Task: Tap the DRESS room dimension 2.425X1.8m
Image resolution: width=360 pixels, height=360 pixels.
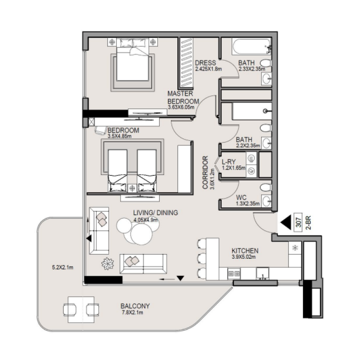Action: [x=205, y=69]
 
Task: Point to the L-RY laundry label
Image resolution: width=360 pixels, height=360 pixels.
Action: [x=229, y=161]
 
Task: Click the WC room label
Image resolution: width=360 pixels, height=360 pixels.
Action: [x=241, y=197]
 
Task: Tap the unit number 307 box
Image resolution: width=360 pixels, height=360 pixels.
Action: [x=298, y=222]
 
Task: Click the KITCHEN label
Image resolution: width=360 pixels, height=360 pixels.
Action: [x=244, y=251]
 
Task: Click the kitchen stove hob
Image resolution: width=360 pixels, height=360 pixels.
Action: [x=234, y=273]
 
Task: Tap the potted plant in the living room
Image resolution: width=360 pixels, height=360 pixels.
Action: [x=108, y=263]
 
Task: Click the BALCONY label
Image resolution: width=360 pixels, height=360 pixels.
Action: [x=135, y=306]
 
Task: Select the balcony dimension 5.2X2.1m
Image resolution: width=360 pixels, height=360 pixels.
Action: [x=63, y=267]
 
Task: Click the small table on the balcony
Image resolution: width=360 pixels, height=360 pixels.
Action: [x=81, y=309]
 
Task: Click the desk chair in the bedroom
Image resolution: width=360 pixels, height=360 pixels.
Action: [x=100, y=130]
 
